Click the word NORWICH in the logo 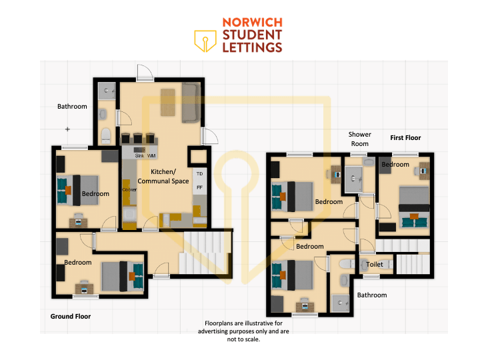pos(252,23)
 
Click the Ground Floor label pos(71,316)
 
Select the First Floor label pos(405,138)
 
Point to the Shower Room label pos(360,139)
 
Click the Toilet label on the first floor pos(375,264)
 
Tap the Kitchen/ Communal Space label pos(163,176)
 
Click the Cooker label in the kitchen pos(129,190)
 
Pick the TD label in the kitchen pos(199,174)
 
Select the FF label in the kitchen pos(199,187)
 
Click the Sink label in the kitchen pos(139,155)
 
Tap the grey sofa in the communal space pos(191,103)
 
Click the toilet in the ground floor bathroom pos(106,136)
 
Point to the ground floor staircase pos(205,253)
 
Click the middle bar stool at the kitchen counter pos(138,139)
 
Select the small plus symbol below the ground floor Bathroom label pos(67,129)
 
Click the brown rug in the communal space pos(168,102)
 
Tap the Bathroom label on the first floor pos(372,295)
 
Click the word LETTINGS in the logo pos(252,47)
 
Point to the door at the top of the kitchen pos(145,73)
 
